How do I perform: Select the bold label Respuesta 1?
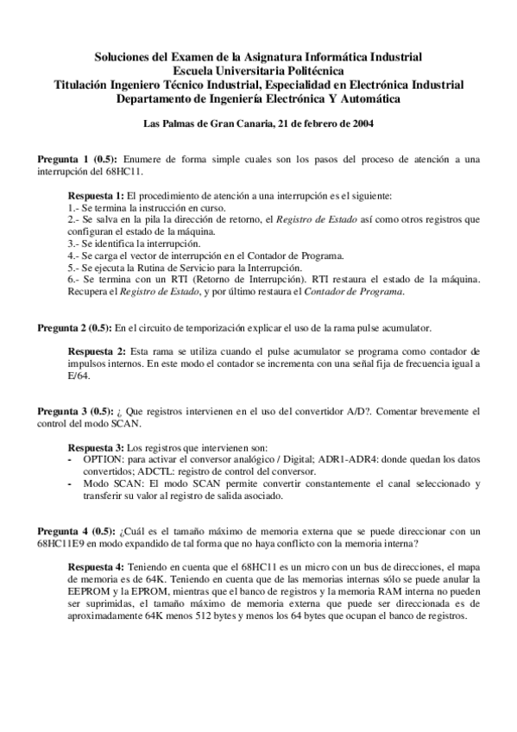[98, 196]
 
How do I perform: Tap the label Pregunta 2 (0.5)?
[73, 328]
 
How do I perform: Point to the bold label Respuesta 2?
[98, 352]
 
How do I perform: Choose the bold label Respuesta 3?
[97, 447]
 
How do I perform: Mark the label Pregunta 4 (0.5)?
[73, 530]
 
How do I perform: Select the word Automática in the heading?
[371, 98]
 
